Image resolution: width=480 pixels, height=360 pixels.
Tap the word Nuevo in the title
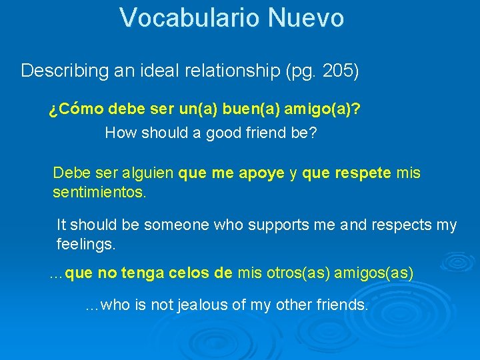coord(306,18)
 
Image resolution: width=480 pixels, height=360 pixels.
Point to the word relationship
coord(223,71)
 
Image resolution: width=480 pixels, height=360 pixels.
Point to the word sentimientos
coord(99,194)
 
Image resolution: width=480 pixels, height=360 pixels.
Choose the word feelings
coord(86,245)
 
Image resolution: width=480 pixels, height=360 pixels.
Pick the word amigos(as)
coord(373,273)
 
